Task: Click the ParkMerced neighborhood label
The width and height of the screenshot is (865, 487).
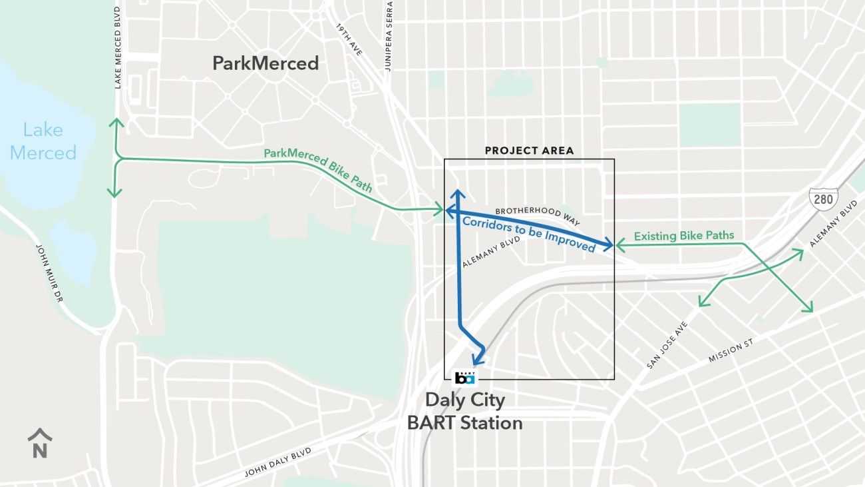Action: [x=265, y=63]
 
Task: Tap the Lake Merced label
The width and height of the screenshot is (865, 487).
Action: [x=43, y=141]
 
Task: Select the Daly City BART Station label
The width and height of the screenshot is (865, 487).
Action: [x=464, y=412]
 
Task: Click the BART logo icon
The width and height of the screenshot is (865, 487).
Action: [x=465, y=378]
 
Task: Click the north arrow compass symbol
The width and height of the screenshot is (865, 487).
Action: [x=40, y=444]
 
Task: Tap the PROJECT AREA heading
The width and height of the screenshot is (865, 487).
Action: [x=529, y=151]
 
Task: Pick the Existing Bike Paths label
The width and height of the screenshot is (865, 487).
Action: [x=684, y=236]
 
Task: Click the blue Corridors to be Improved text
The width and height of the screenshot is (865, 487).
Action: [x=528, y=234]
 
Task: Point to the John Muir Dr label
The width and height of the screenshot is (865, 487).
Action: [x=50, y=273]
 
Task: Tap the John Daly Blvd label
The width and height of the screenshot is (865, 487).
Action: [x=277, y=462]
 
